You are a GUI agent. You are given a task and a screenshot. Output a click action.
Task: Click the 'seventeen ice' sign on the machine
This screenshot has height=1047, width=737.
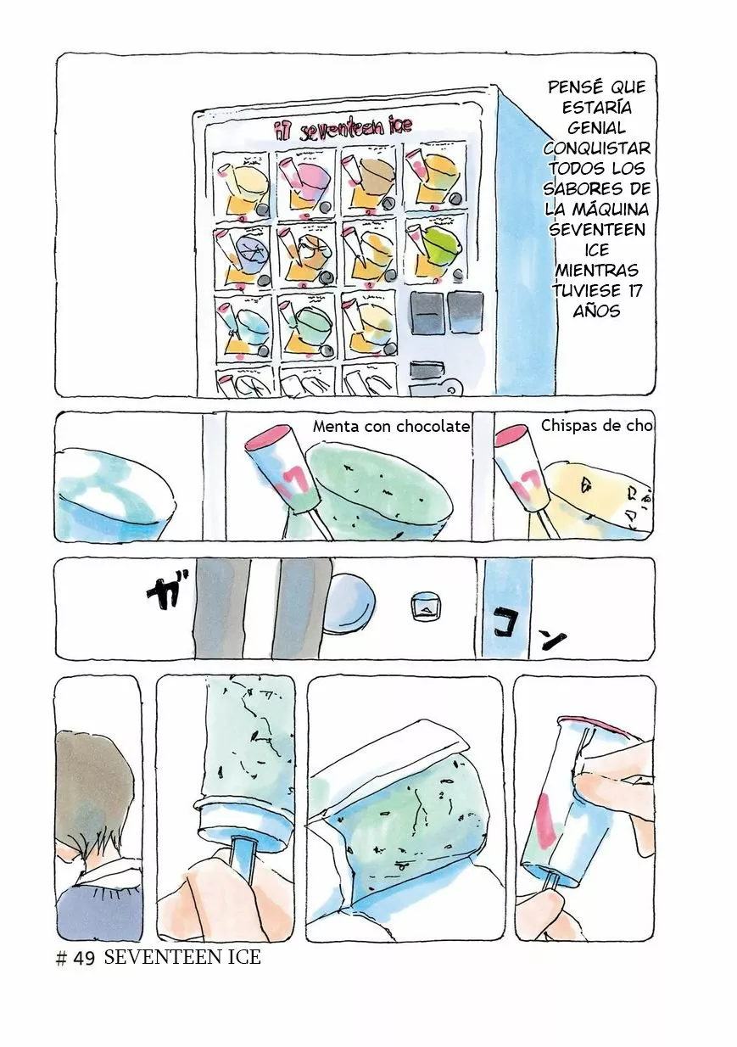click(343, 127)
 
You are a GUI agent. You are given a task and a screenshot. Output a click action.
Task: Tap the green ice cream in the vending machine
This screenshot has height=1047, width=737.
click(440, 244)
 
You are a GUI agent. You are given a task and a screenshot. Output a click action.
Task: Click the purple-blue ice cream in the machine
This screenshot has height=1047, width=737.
click(250, 251)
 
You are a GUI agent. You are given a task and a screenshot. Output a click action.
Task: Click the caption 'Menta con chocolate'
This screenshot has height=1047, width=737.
click(391, 426)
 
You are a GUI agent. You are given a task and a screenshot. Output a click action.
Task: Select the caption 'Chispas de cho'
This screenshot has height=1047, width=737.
click(596, 425)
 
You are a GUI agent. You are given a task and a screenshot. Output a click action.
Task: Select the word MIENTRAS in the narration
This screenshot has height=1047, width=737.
click(596, 270)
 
